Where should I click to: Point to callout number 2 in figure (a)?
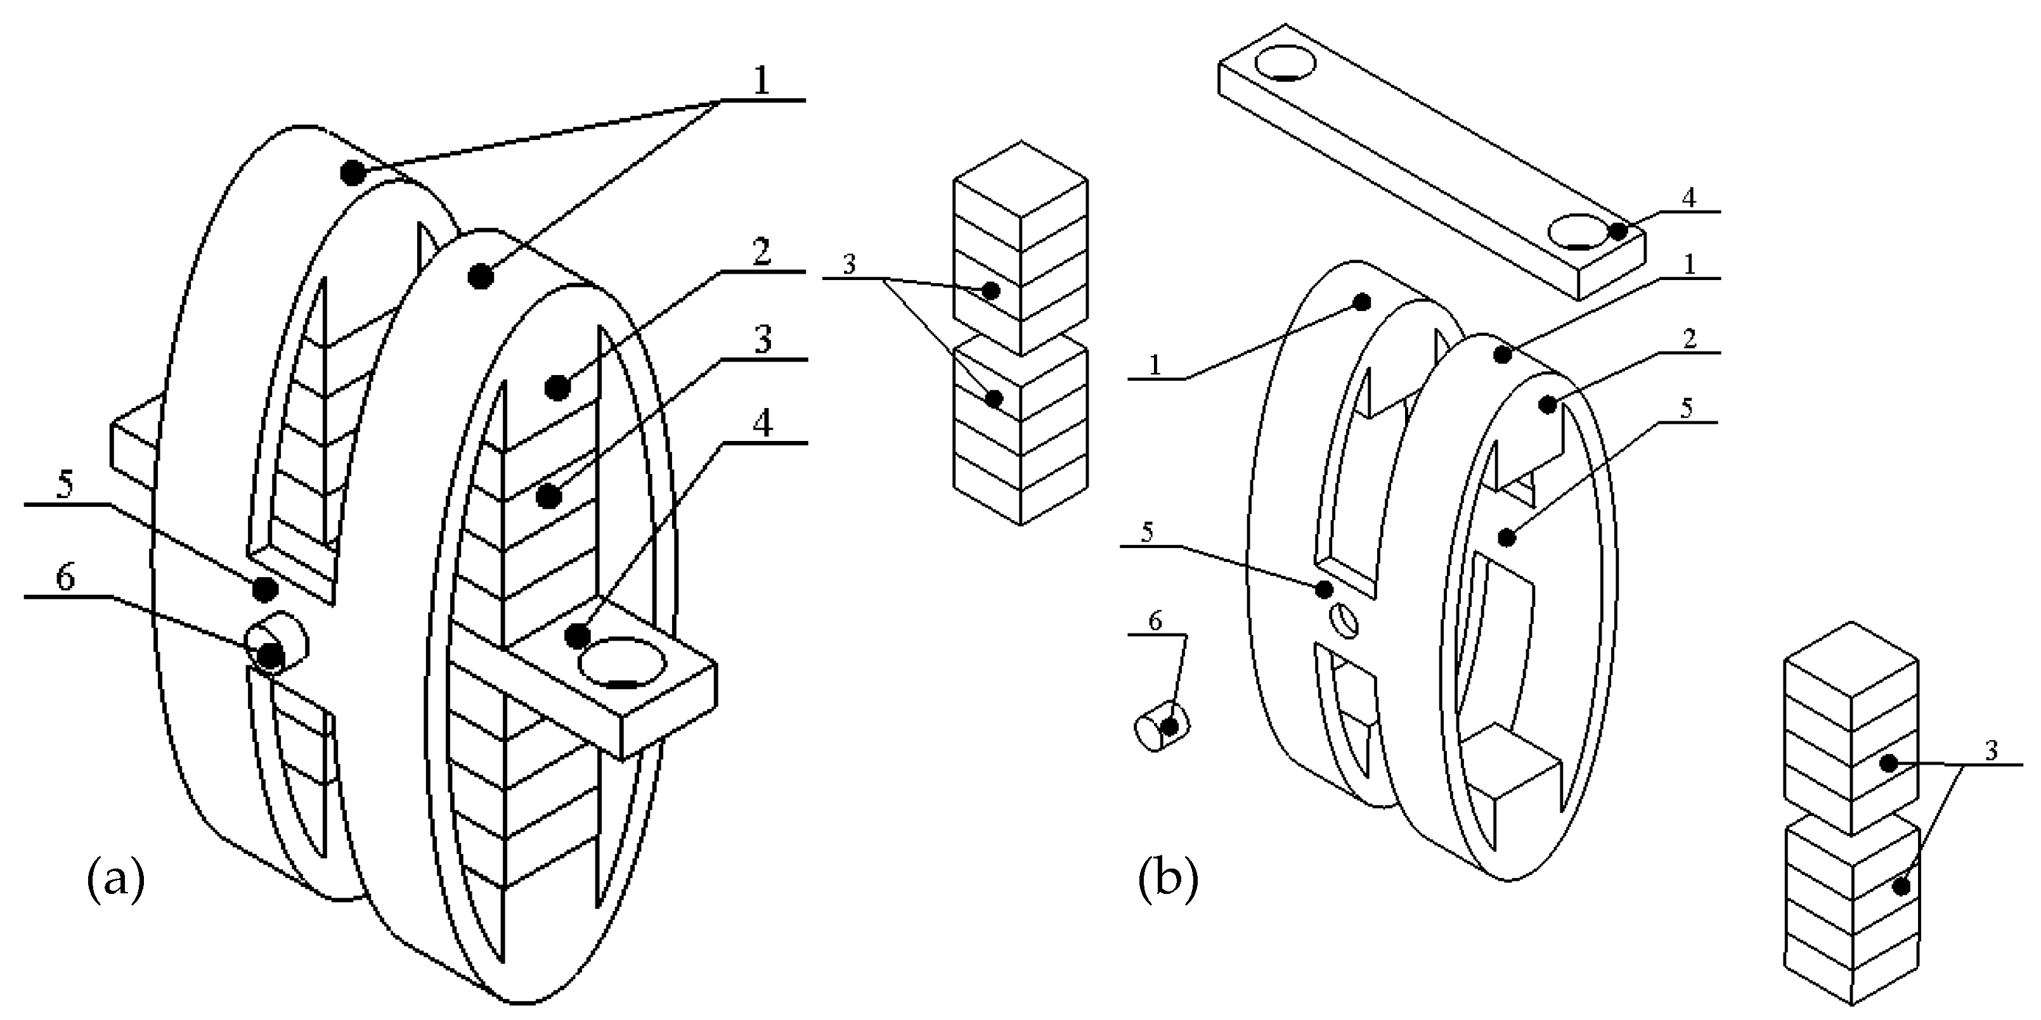(x=761, y=253)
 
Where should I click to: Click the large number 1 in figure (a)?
(x=761, y=81)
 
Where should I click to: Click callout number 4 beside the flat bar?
(x=1688, y=198)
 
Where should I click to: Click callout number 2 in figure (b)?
(x=1688, y=339)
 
